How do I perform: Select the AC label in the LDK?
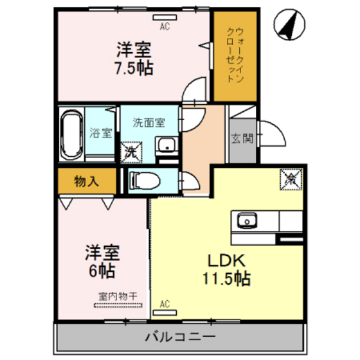[164, 304]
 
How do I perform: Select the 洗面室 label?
[148, 122]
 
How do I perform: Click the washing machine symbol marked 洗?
[130, 152]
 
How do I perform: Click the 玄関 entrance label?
[242, 137]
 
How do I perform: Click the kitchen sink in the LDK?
[246, 222]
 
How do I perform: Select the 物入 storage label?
[86, 181]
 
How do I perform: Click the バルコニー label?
[180, 336]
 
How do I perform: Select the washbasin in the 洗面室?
[166, 144]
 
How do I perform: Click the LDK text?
[226, 260]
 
